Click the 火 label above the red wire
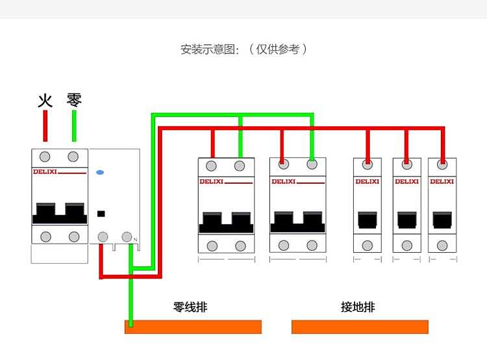45,101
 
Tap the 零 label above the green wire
74,100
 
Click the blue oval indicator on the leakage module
100,172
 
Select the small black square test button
101,214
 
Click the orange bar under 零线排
194,327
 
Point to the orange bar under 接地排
360,327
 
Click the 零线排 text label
190,307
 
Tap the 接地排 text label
358,307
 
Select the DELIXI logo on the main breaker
45,172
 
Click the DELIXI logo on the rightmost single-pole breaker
442,181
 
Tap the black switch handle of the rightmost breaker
442,220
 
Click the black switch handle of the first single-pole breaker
368,220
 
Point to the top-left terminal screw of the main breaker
45,157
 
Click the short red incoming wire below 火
45,125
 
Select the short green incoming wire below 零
74,125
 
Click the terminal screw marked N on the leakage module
127,237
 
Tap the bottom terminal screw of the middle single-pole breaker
407,246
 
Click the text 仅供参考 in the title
278,49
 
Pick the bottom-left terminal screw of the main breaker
45,237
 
